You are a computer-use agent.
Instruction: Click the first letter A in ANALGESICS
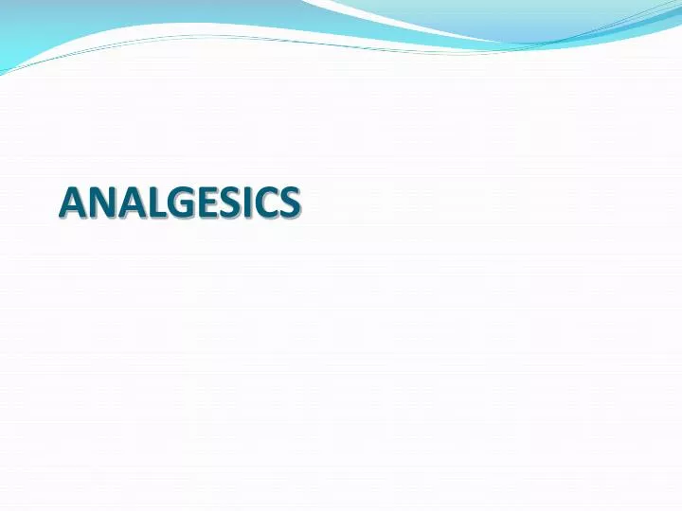point(72,203)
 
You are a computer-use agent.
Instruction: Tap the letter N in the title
point(99,203)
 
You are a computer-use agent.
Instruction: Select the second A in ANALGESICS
point(127,203)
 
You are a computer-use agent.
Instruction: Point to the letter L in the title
point(151,203)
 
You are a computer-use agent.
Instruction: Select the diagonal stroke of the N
point(99,203)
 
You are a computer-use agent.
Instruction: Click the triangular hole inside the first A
point(72,198)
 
